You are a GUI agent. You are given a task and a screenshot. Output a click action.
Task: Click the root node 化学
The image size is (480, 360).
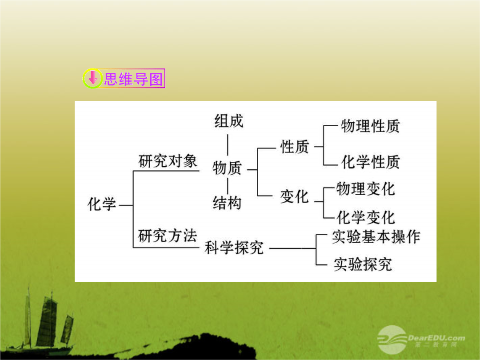[x=102, y=204]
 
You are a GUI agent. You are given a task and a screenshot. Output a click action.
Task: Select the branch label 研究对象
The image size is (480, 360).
[x=168, y=161]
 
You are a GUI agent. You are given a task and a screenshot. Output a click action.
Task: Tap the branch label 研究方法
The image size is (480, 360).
[x=168, y=236]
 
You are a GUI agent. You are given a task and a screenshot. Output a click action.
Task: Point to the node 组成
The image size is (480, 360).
[x=229, y=121]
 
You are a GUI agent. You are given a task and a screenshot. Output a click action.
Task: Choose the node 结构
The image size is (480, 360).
[x=227, y=203]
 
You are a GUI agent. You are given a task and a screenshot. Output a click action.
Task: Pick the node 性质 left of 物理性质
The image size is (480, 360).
[x=295, y=147]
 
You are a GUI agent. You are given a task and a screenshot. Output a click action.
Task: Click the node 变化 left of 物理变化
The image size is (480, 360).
[x=294, y=196]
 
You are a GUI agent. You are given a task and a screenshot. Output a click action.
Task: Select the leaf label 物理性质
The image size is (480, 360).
[x=370, y=126]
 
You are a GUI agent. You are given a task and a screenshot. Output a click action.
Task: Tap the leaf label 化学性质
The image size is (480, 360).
[x=370, y=162]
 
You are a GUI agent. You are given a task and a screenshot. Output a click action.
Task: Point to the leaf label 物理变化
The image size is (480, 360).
[x=365, y=189]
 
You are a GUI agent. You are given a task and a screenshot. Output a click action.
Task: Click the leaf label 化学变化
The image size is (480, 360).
[x=365, y=218]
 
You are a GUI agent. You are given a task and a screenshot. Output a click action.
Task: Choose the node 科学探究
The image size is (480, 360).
[x=234, y=248]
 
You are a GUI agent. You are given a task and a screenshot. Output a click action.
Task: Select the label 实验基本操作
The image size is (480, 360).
[x=376, y=237]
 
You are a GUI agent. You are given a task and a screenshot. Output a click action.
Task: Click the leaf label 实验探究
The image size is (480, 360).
[x=363, y=264]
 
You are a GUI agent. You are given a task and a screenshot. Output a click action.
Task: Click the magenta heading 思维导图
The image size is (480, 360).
[x=133, y=79]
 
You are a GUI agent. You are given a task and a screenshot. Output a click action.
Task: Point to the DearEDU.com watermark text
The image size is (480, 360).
[x=436, y=338]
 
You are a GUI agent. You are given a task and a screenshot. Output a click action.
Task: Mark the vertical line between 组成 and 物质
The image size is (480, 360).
[x=228, y=145]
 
